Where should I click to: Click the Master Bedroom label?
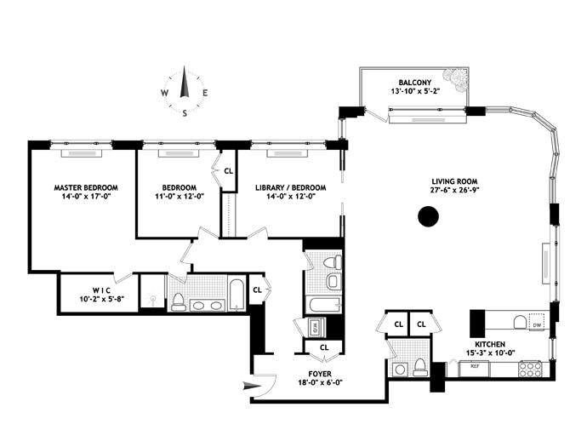click(86, 187)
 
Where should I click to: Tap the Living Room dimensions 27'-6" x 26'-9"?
click(454, 190)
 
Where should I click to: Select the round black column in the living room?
click(428, 216)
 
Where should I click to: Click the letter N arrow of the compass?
click(184, 82)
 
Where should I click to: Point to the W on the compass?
click(164, 93)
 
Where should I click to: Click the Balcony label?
click(415, 83)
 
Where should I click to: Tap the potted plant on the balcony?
click(454, 79)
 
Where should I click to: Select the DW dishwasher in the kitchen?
click(537, 322)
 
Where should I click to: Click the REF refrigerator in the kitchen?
click(475, 369)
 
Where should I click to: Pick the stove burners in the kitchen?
click(530, 369)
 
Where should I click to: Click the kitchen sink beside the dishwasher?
click(519, 322)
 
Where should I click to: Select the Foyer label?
click(320, 374)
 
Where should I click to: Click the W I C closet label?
click(101, 290)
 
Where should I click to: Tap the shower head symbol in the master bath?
click(153, 300)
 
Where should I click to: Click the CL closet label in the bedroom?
click(228, 171)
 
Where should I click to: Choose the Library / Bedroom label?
click(290, 187)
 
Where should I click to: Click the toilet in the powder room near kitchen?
click(420, 367)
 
